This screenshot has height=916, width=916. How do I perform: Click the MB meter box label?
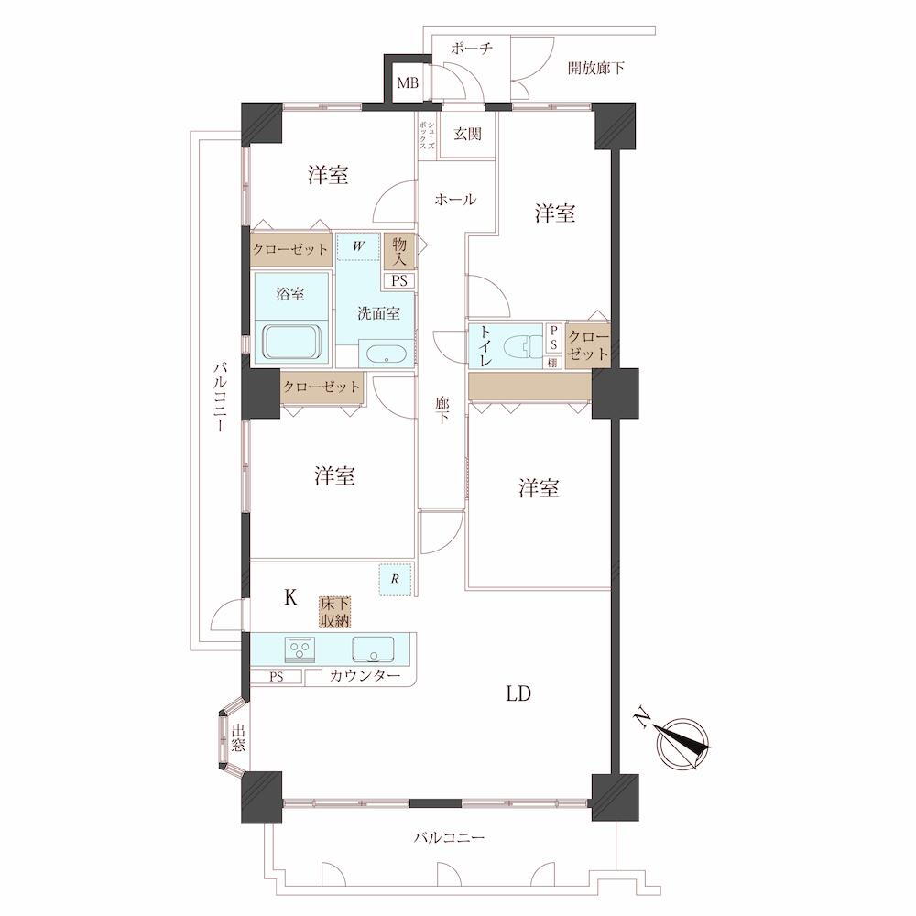pyautogui.click(x=408, y=83)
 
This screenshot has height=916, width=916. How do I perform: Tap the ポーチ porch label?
pyautogui.click(x=472, y=48)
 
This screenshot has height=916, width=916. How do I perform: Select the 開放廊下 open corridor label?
pyautogui.click(x=596, y=69)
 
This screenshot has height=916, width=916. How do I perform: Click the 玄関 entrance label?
pyautogui.click(x=468, y=134)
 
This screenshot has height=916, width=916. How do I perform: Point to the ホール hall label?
pyautogui.click(x=455, y=199)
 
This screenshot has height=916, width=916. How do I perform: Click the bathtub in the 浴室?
pyautogui.click(x=292, y=342)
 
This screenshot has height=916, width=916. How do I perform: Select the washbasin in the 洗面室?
pyautogui.click(x=387, y=354)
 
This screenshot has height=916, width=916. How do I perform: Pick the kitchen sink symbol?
pyautogui.click(x=373, y=649)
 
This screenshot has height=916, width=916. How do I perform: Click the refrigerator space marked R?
pyautogui.click(x=396, y=580)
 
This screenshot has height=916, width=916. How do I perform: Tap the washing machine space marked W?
pyautogui.click(x=359, y=247)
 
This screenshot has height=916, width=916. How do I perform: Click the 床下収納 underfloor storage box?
pyautogui.click(x=334, y=612)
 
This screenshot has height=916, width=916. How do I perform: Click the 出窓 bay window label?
pyautogui.click(x=238, y=737)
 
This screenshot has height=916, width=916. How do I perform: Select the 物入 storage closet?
pyautogui.click(x=399, y=251)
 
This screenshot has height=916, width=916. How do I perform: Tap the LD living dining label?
pyautogui.click(x=518, y=693)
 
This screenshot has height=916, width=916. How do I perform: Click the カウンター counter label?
pyautogui.click(x=365, y=676)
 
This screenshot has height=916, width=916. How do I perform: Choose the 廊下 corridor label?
pyautogui.click(x=442, y=409)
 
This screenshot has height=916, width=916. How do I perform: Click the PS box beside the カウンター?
pyautogui.click(x=277, y=677)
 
